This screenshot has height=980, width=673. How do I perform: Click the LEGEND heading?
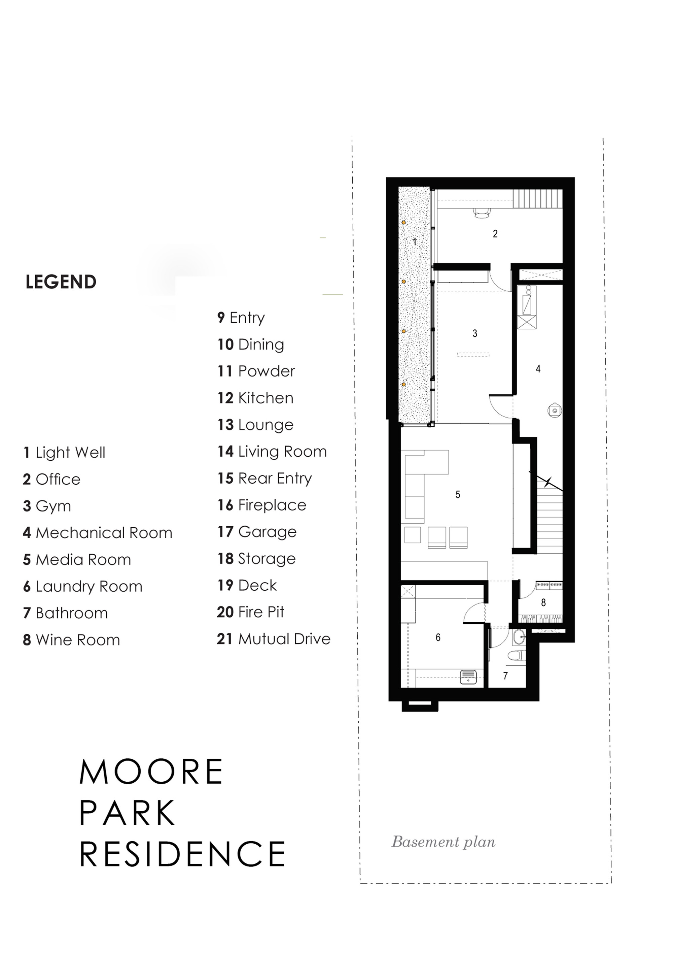61,282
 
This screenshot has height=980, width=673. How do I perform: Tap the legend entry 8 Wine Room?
72,640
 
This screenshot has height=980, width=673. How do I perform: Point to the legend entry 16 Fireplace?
262,505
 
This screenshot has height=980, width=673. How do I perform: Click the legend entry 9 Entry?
241,317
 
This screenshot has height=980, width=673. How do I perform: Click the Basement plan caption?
443,842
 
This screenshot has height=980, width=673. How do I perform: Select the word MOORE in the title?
151,772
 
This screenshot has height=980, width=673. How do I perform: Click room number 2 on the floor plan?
495,233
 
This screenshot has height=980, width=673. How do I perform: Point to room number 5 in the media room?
458,494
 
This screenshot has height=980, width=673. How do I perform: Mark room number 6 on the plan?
438,637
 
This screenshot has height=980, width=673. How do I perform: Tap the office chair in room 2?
482,213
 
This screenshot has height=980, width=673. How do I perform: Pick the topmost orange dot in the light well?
403,222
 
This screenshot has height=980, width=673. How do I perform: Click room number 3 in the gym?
475,333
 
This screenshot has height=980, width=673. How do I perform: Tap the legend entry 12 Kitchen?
255,398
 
